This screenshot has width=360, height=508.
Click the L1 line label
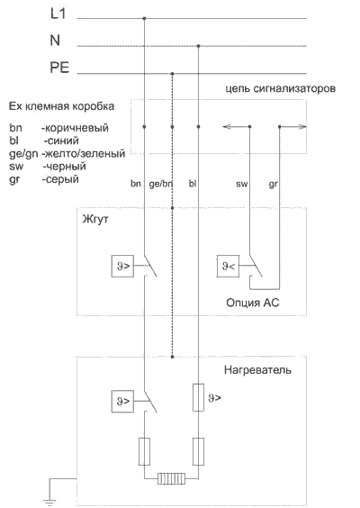tap(58, 14)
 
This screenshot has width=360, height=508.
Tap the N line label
tap(55, 41)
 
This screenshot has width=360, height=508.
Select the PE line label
tap(59, 68)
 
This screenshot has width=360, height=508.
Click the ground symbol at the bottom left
tap(49, 502)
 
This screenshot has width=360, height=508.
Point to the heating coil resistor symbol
tap(171, 478)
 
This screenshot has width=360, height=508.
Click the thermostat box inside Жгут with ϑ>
tap(122, 266)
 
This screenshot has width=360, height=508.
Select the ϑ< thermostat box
tap(228, 266)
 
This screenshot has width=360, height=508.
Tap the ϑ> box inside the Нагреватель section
tap(122, 401)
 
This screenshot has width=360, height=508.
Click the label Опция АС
tap(253, 303)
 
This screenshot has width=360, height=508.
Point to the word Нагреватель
tap(257, 370)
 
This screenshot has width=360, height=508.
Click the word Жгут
tap(95, 219)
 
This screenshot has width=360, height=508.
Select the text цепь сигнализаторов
tap(281, 88)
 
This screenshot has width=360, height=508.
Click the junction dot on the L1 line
tap(144, 19)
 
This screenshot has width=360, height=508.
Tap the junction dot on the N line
tap(199, 46)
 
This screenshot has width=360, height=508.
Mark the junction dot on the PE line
tap(172, 74)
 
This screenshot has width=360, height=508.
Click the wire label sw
tap(242, 184)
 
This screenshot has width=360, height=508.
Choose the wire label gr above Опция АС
tap(274, 185)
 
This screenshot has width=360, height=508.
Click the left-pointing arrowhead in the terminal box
tap(227, 127)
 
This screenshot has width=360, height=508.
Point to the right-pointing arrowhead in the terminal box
tap(302, 127)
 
